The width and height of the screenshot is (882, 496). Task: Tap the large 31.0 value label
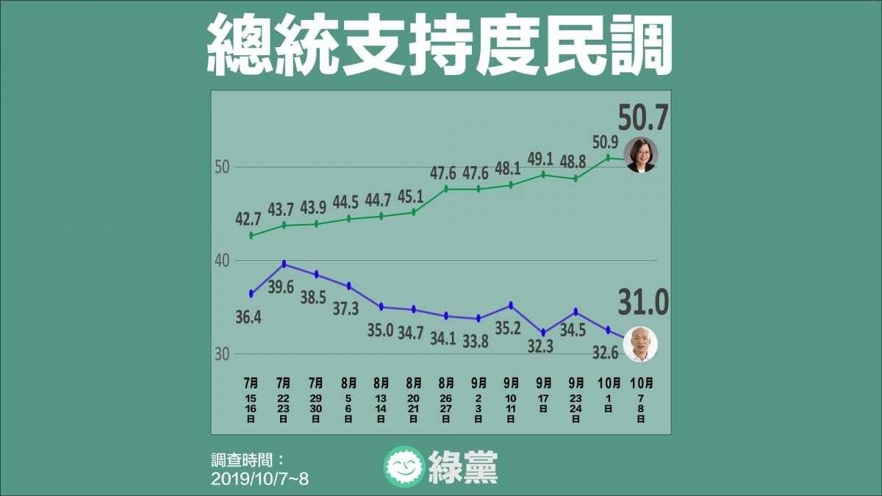click(x=643, y=302)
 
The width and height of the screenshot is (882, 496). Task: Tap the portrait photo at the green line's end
click(x=641, y=155)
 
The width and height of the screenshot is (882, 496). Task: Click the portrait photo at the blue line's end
click(x=641, y=344)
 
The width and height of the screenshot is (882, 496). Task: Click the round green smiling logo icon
click(x=404, y=467)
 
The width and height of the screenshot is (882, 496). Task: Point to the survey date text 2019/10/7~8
click(x=259, y=479)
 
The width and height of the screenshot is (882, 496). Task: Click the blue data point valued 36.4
click(x=251, y=294)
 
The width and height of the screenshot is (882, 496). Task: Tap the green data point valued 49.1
click(x=543, y=174)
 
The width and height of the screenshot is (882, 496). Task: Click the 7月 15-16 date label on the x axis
click(x=251, y=400)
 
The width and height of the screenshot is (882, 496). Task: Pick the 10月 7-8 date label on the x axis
click(x=641, y=400)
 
